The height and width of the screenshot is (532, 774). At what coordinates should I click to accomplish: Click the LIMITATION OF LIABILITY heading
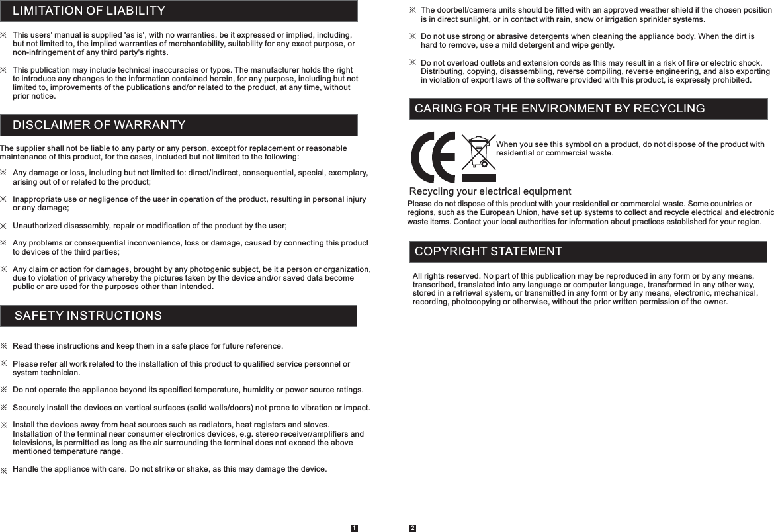(89, 11)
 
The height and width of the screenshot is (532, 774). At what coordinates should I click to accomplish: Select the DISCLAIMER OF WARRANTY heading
(99, 125)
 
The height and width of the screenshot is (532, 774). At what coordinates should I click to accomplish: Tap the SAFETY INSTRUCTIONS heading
(88, 316)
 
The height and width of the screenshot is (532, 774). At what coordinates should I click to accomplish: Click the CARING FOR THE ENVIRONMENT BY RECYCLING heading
(559, 109)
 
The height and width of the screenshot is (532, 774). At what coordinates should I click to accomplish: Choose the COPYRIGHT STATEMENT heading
(488, 251)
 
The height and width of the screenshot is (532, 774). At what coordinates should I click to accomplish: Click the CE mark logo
(433, 157)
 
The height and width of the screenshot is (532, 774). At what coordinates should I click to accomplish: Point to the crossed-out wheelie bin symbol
(478, 157)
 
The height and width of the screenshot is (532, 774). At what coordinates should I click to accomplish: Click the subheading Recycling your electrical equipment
(490, 192)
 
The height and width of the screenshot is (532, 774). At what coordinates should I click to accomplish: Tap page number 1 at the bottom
(354, 528)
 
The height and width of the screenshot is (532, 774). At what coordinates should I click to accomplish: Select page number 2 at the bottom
(412, 528)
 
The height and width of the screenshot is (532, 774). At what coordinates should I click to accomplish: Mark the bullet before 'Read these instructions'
(4, 346)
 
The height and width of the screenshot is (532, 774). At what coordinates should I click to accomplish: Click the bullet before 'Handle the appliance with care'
(4, 470)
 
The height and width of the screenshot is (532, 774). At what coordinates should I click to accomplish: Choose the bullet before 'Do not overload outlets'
(413, 62)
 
